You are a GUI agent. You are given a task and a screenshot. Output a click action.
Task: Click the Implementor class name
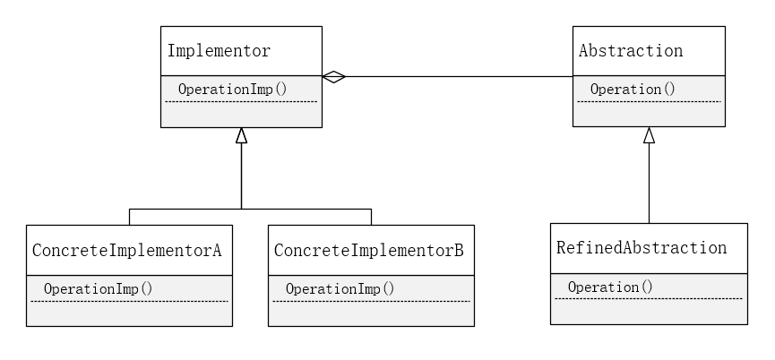point(219,51)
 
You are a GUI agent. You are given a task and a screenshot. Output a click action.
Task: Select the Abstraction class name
point(631,51)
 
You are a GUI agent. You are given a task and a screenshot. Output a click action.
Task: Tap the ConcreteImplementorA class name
point(126,249)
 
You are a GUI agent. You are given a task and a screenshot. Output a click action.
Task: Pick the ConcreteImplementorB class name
point(367,249)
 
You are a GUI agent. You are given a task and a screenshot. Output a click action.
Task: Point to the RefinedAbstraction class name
point(641,248)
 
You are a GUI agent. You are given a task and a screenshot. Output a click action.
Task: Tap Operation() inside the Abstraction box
point(633,90)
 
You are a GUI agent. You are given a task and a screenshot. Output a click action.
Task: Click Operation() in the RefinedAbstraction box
point(610,287)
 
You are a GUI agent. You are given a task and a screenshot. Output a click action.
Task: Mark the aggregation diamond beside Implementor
point(333,77)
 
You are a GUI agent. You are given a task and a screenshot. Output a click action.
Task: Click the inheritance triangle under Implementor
point(241,135)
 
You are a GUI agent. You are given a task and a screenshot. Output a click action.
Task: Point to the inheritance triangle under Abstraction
point(649,134)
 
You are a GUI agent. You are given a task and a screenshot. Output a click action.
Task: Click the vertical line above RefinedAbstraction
point(649,184)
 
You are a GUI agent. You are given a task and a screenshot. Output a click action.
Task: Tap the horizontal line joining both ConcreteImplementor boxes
point(250,210)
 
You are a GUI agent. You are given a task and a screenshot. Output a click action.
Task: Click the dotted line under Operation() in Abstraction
point(649,101)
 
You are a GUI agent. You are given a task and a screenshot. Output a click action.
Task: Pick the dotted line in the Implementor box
point(241,101)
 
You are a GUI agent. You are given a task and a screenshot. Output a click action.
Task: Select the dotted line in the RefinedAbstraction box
point(648,298)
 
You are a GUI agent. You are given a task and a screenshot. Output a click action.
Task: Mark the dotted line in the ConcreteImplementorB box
point(371,301)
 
